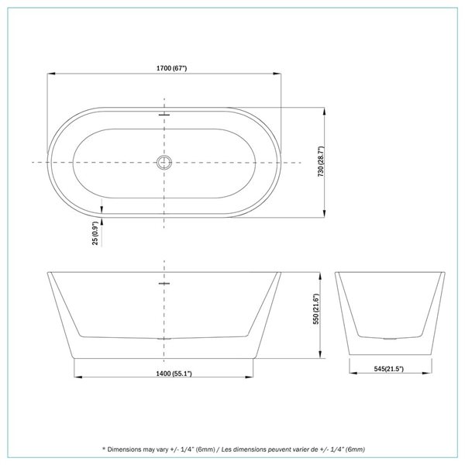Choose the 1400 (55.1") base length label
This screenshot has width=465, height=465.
pos(164,374)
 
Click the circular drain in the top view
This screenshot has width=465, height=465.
pos(164,163)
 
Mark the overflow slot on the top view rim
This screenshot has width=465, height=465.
pos(164,114)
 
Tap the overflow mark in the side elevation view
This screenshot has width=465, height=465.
pos(164,284)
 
